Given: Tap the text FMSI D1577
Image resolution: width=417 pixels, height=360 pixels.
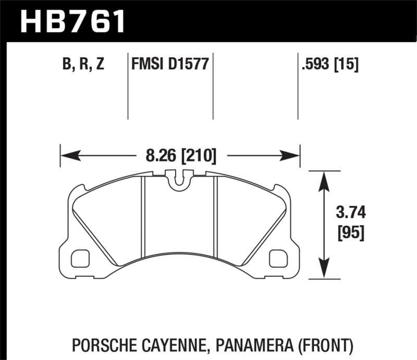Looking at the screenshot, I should click(x=170, y=65).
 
